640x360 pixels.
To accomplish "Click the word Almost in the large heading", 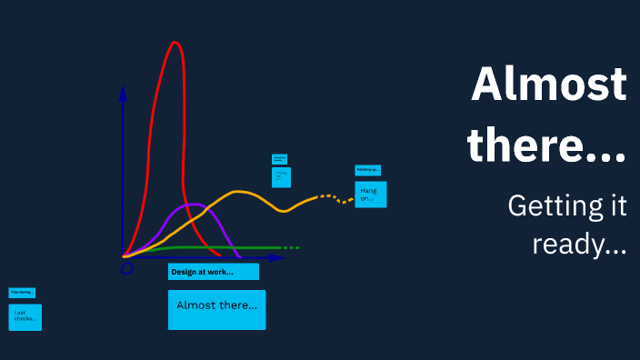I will (549, 85).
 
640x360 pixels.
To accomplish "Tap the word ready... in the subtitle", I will (579, 244).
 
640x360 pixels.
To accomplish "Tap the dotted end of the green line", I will (289, 247).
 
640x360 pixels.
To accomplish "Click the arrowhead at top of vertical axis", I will (123, 92).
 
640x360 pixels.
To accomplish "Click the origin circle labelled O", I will (127, 267).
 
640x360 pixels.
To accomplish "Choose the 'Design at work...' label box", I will (214, 272).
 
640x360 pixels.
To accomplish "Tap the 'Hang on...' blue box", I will (370, 194).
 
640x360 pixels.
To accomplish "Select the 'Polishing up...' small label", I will (367, 170).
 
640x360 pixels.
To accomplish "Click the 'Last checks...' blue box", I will (25, 316).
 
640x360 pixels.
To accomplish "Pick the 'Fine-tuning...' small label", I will (22, 293).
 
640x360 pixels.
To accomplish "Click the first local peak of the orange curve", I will (238, 191).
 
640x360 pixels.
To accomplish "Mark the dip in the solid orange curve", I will (285, 211).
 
